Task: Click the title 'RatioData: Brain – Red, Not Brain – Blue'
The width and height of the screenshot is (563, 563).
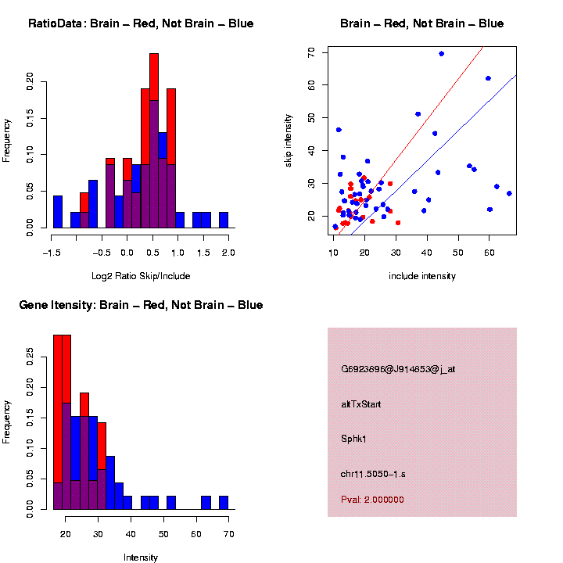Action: click(x=141, y=23)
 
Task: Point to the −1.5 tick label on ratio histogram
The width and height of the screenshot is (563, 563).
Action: click(x=52, y=253)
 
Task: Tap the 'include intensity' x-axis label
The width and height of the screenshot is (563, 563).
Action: click(x=422, y=276)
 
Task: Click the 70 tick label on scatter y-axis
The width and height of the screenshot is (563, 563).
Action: click(x=311, y=52)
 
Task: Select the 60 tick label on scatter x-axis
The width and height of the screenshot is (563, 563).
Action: click(x=489, y=253)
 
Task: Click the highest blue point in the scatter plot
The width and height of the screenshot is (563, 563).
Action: click(x=442, y=54)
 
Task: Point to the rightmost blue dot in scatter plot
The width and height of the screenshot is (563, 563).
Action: click(x=509, y=193)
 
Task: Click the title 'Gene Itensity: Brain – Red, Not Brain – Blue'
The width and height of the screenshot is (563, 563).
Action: click(x=141, y=305)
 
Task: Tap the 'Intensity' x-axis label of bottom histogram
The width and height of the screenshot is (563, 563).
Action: click(x=141, y=558)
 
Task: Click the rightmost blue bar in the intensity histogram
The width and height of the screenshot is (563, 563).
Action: click(x=223, y=503)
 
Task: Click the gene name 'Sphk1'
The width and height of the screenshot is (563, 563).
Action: click(x=353, y=439)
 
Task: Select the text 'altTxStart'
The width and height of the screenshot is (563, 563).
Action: click(x=361, y=404)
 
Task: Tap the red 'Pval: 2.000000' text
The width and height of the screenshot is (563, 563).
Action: click(x=372, y=500)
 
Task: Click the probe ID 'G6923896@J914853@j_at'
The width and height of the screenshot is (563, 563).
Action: click(x=398, y=369)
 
